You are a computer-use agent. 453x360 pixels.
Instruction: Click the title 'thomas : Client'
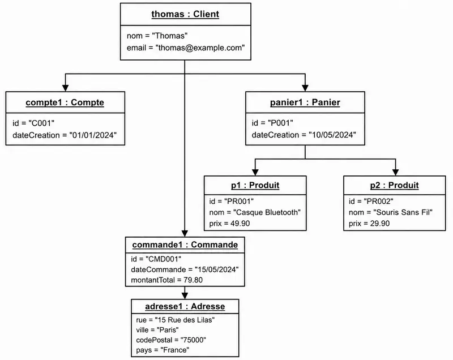tap(185, 14)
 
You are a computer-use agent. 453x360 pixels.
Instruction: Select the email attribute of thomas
tap(186, 48)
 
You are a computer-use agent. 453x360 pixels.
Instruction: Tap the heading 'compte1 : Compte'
tap(65, 102)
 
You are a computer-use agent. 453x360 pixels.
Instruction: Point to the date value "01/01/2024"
tap(93, 135)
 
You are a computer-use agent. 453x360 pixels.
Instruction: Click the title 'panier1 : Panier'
tap(305, 102)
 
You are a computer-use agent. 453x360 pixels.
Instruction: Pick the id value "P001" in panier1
tap(280, 123)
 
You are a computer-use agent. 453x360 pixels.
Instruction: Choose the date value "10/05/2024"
tap(332, 135)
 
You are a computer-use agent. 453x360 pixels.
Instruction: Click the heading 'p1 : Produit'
tap(255, 185)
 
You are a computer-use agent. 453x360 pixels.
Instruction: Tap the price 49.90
tap(240, 224)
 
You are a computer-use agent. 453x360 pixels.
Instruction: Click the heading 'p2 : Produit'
tap(394, 185)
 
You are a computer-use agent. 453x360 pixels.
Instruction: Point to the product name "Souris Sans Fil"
tap(403, 212)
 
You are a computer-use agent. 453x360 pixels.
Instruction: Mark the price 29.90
tap(379, 224)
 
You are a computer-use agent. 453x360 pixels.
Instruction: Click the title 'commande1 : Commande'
tap(185, 245)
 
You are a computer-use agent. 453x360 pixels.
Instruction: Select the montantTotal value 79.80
tap(193, 280)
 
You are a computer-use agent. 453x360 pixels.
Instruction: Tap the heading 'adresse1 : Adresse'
tap(185, 306)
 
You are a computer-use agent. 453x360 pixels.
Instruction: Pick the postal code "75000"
tap(193, 340)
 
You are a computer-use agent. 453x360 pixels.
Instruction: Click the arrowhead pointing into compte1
tap(66, 88)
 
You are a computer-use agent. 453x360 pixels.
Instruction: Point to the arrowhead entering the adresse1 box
tap(185, 295)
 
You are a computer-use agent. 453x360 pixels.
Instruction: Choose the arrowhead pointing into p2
tap(395, 172)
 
